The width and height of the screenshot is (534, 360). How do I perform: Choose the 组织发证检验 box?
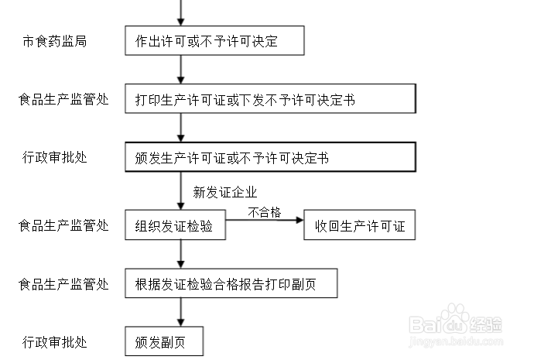(175, 227)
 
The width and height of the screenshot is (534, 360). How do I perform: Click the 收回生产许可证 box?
(359, 227)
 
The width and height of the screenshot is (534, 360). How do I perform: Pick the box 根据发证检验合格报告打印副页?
(231, 284)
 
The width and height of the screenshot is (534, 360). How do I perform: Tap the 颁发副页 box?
(163, 341)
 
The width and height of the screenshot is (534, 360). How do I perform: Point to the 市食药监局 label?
(54, 41)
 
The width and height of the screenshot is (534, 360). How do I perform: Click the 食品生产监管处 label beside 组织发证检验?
(63, 226)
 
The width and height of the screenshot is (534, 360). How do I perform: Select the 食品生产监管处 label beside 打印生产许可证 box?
(63, 100)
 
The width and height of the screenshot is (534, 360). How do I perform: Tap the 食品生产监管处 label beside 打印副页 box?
(63, 284)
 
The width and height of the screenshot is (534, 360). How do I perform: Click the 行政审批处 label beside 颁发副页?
(54, 341)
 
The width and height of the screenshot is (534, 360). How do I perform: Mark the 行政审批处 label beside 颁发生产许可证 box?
(54, 158)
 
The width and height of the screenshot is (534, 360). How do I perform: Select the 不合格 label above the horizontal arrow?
(263, 212)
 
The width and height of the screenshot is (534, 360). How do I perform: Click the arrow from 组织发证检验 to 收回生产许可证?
(263, 221)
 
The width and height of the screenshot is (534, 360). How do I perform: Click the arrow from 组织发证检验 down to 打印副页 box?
(181, 255)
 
